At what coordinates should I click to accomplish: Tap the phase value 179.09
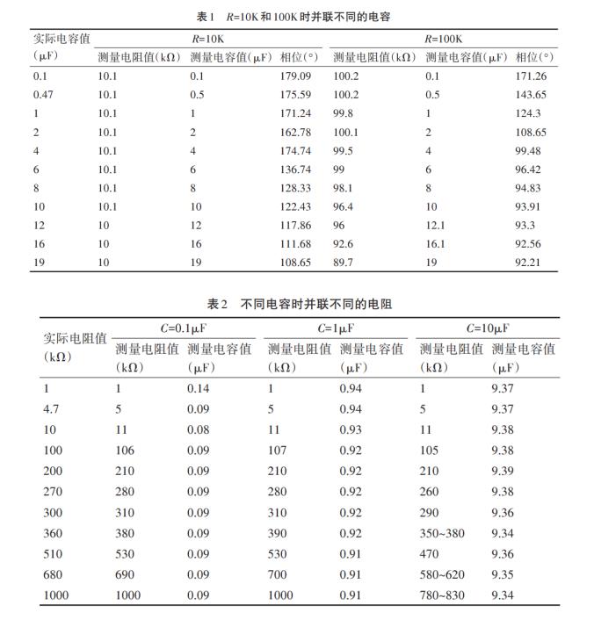[296, 76]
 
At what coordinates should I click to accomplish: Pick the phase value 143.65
[531, 95]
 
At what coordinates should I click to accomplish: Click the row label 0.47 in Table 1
[45, 95]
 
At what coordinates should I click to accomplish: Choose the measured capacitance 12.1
[435, 225]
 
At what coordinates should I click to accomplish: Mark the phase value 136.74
[296, 169]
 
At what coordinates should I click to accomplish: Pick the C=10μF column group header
[487, 328]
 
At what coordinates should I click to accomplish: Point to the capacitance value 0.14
[199, 387]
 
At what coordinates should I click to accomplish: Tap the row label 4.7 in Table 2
[51, 408]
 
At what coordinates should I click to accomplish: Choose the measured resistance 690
[127, 574]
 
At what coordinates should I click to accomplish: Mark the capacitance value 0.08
[199, 429]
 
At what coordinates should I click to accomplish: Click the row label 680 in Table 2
[53, 574]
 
